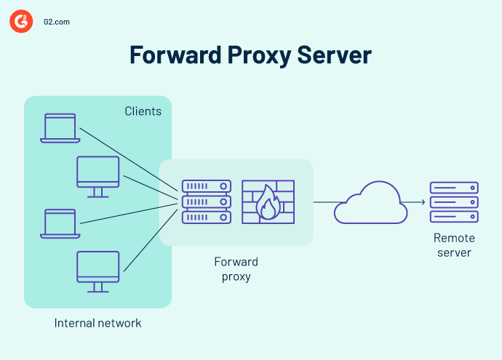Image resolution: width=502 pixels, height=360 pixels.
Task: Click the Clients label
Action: click(142, 111)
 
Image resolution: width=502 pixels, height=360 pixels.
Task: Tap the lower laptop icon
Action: click(59, 223)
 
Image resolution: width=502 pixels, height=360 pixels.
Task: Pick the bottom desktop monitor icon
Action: click(98, 271)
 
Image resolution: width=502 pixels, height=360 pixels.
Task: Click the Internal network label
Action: click(97, 323)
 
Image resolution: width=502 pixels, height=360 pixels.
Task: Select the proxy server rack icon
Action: click(206, 202)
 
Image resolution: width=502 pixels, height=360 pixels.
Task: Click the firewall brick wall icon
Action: click(269, 202)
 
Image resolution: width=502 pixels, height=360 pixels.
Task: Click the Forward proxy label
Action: click(236, 269)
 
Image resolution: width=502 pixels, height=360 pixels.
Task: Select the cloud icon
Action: click(370, 203)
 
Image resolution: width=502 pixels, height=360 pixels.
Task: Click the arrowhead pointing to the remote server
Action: click(423, 202)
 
